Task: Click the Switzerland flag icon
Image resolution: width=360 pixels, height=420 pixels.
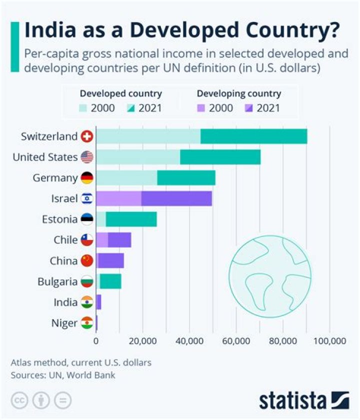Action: pos(87,136)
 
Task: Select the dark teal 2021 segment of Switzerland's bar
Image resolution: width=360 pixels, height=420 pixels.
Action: pos(253,136)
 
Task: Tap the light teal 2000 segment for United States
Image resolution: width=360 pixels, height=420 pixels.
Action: pos(137,157)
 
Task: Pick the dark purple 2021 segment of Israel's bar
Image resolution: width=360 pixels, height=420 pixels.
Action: pos(176,198)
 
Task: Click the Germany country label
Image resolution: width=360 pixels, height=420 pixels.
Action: pos(55,178)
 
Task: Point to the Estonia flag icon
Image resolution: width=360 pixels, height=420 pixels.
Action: pos(87,219)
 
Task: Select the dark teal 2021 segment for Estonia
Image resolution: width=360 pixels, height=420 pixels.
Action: pos(131,219)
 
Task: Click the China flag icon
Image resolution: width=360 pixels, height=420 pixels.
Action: pos(87,260)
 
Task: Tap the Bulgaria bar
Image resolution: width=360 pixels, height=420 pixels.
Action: pos(110,281)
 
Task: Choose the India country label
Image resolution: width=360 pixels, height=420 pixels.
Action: pos(65,302)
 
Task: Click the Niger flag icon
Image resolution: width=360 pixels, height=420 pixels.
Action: pos(87,323)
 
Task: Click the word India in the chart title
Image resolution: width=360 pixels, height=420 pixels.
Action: pos(48,30)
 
